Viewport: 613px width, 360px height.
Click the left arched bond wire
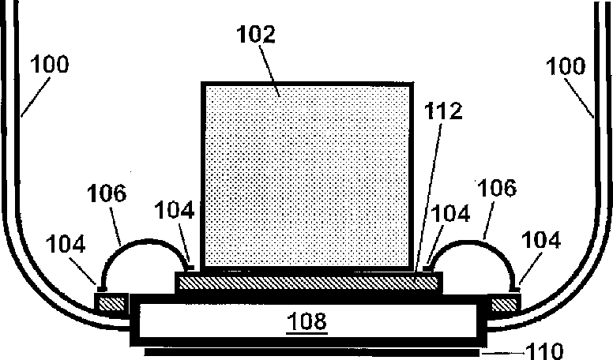(x=142, y=246)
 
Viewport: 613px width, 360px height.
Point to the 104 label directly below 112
(x=450, y=213)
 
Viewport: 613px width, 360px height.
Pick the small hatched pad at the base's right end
(x=504, y=303)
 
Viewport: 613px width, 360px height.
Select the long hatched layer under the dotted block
(x=308, y=281)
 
